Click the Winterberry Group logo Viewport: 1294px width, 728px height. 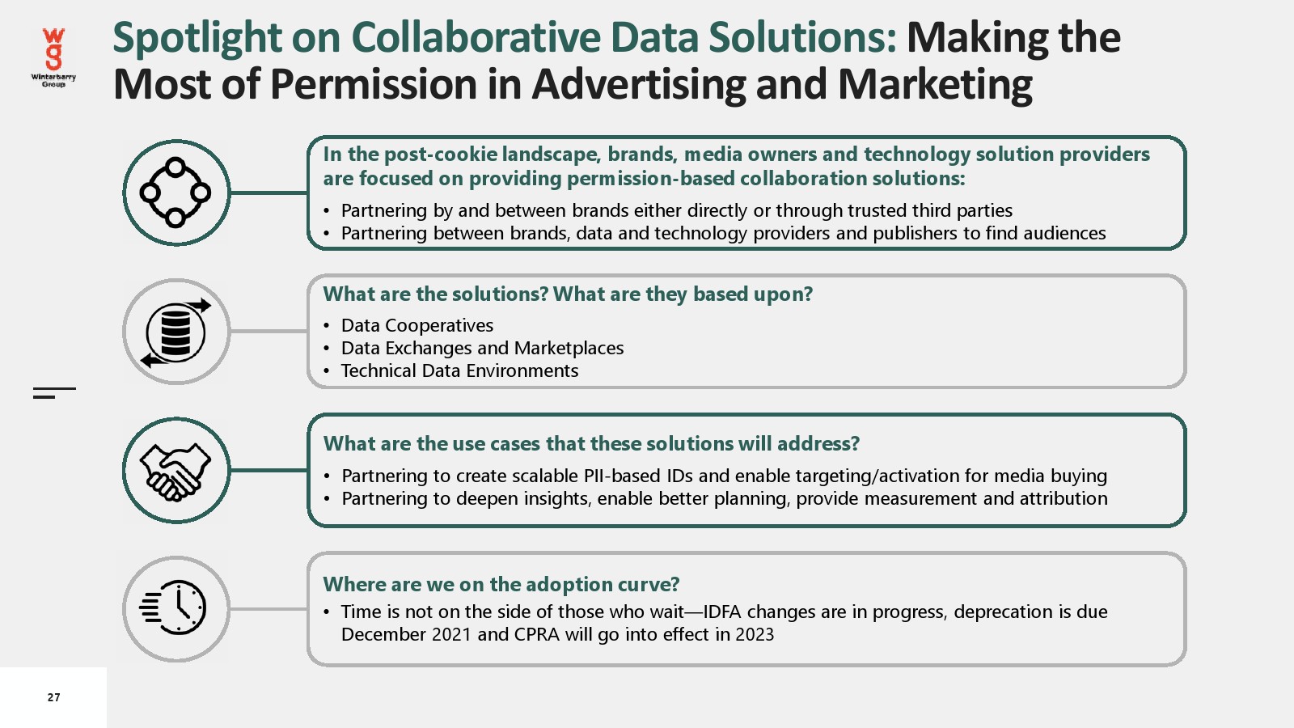(x=53, y=57)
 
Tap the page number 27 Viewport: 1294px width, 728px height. (x=53, y=697)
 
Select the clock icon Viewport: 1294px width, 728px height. (x=173, y=607)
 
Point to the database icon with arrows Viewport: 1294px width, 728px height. (x=175, y=332)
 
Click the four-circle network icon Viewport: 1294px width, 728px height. (x=175, y=193)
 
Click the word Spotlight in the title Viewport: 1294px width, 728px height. (x=197, y=38)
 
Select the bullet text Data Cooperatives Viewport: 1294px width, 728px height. (x=417, y=325)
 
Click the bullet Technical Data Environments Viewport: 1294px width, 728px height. (x=459, y=370)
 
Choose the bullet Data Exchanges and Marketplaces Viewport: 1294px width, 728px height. (x=482, y=348)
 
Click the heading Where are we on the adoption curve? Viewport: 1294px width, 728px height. (x=501, y=584)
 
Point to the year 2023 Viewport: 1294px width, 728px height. (x=755, y=634)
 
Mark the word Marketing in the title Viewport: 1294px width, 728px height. (x=935, y=84)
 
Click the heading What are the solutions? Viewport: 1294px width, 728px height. (x=435, y=294)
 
